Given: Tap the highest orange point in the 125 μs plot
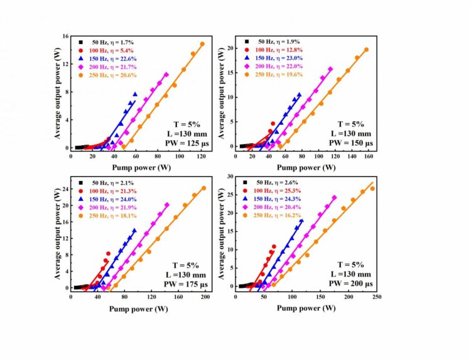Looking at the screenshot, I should click(202, 44).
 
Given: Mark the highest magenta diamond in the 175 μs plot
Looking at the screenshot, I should click(166, 204).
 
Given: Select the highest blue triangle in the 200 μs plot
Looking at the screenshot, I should click(301, 221).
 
